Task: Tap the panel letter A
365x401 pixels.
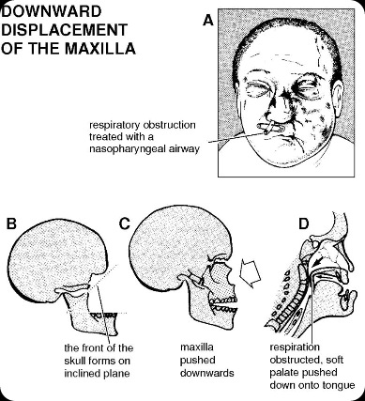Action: tap(208, 19)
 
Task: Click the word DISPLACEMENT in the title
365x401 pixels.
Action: tap(68, 29)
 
